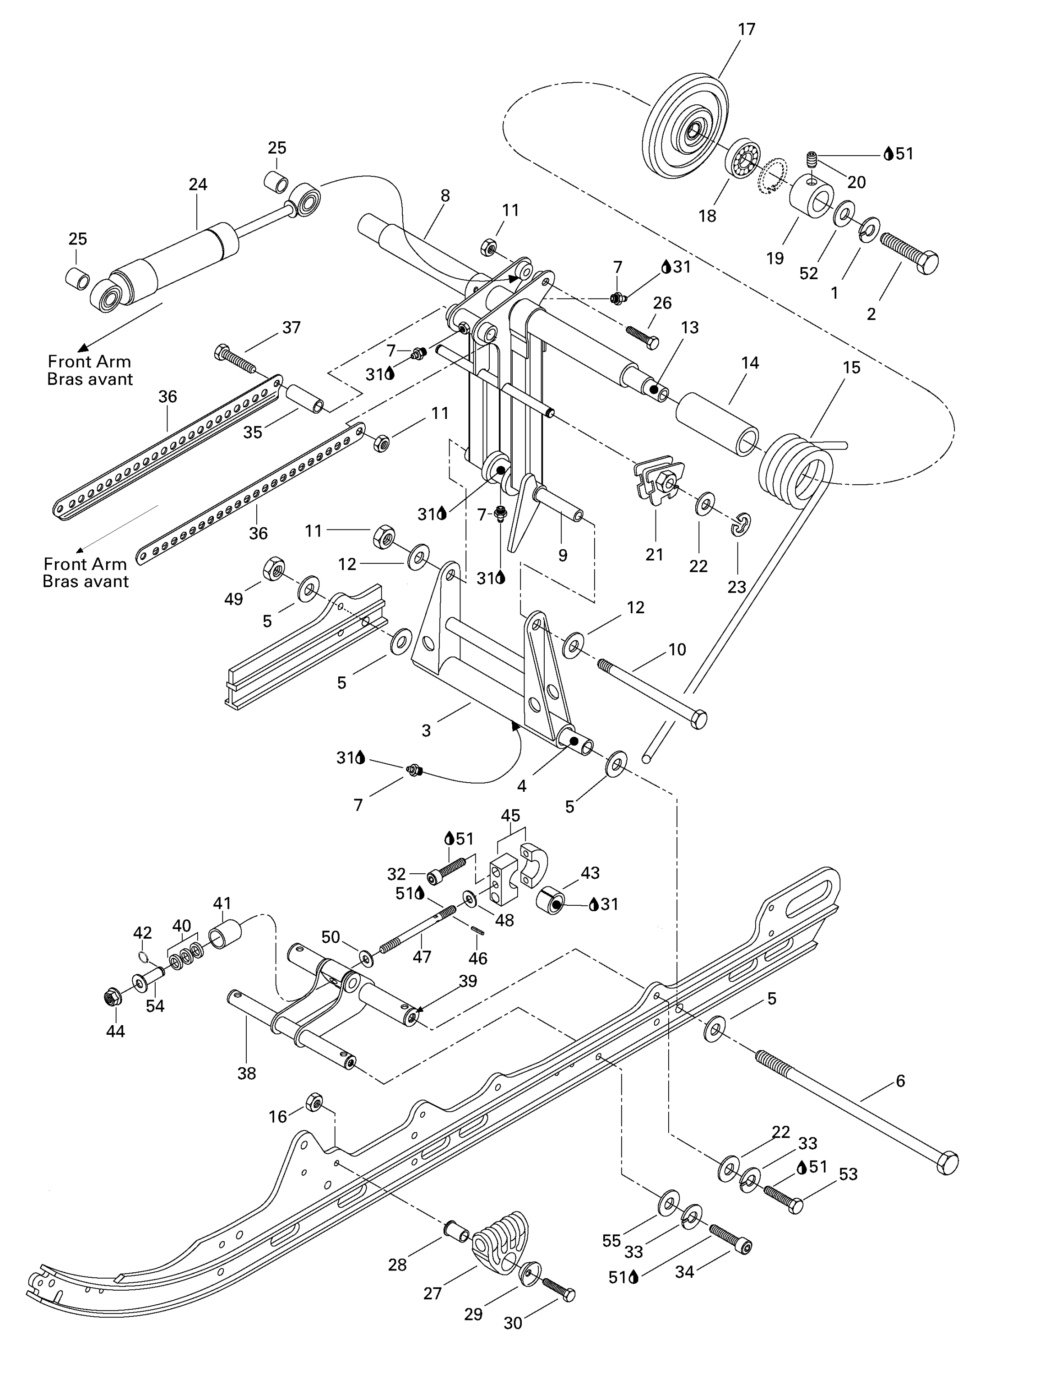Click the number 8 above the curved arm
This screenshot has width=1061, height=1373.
[x=445, y=195]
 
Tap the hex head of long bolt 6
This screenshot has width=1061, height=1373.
[x=947, y=1162]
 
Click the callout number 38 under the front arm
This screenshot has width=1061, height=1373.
[x=246, y=1074]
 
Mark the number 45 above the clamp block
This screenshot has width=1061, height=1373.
[x=510, y=816]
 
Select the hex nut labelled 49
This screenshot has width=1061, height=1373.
[x=274, y=568]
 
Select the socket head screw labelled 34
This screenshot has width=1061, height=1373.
[x=731, y=1238]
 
